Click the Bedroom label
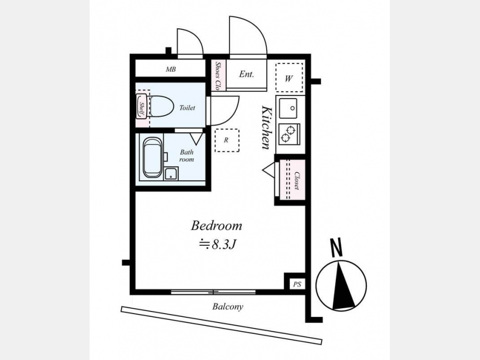click(217, 226)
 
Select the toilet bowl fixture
click(161, 106)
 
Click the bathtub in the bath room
click(153, 157)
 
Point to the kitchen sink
click(288, 108)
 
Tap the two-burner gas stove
click(289, 134)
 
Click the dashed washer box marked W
click(289, 77)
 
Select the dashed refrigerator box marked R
click(227, 140)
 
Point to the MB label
click(171, 69)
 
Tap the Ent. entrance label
click(246, 74)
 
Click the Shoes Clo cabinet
click(219, 75)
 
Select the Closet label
click(297, 180)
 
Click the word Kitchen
click(266, 127)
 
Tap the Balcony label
click(228, 307)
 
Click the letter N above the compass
click(337, 247)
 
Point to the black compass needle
click(343, 286)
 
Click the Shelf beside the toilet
click(141, 106)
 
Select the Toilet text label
click(187, 108)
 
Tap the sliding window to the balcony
click(213, 292)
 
